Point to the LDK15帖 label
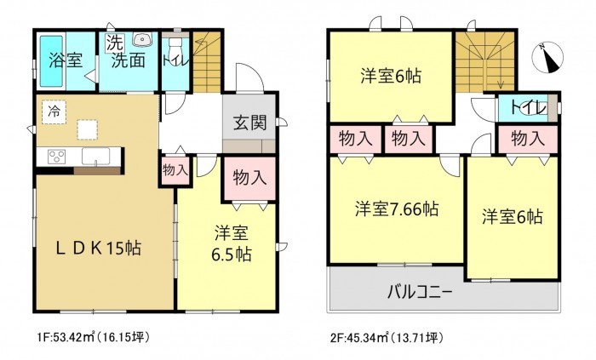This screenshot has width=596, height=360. [98, 248]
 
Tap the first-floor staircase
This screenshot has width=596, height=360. [205, 64]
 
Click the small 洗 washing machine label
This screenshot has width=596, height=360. [113, 40]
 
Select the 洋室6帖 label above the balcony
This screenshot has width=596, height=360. [511, 216]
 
